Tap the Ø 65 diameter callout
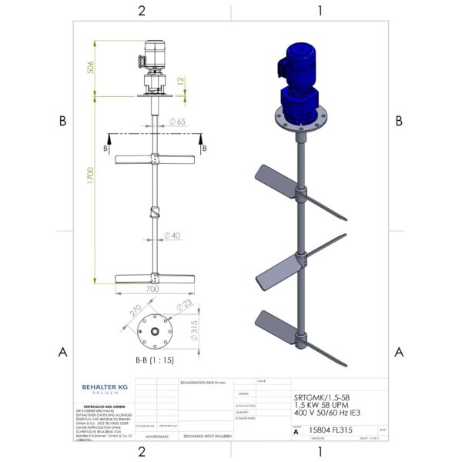click(x=176, y=122)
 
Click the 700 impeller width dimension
click(x=152, y=290)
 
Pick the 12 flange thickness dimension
click(x=181, y=80)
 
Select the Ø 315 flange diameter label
click(x=196, y=330)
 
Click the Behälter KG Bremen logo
click(x=105, y=389)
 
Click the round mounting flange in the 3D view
click(x=298, y=121)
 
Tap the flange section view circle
click(x=156, y=331)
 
